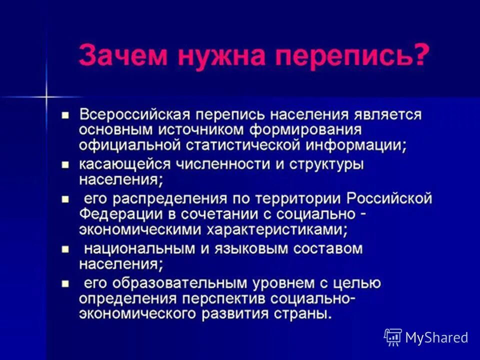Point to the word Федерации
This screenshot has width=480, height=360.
(x=112, y=214)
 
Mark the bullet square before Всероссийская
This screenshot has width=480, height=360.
(x=64, y=115)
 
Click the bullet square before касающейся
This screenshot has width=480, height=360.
(x=64, y=164)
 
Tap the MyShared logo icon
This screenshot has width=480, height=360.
(x=392, y=337)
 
